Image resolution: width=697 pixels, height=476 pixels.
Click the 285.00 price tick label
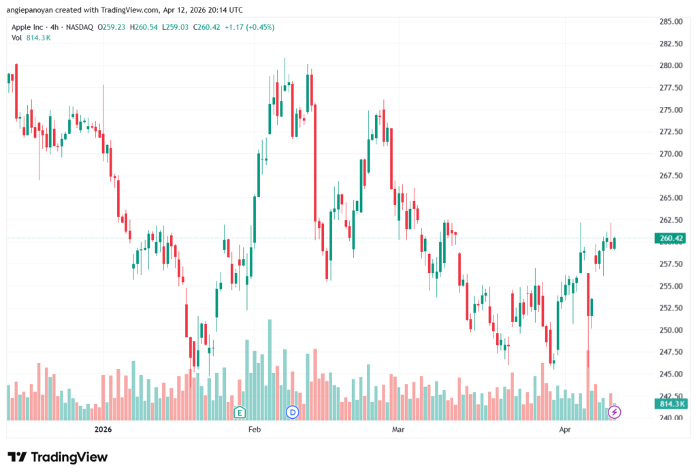click(x=671, y=21)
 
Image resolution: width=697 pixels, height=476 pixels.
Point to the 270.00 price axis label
click(x=671, y=154)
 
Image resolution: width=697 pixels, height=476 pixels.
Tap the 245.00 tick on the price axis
click(x=671, y=375)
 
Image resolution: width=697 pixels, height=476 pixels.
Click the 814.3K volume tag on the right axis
click(x=671, y=404)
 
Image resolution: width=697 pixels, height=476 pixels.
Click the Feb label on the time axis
click(x=254, y=430)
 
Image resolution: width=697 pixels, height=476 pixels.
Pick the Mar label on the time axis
click(x=399, y=430)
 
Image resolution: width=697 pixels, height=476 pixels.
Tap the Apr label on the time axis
click(x=564, y=430)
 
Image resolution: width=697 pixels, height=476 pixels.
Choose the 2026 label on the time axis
click(x=103, y=430)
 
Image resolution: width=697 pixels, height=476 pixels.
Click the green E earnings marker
click(x=239, y=411)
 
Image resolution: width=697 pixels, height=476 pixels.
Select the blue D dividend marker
click(x=293, y=411)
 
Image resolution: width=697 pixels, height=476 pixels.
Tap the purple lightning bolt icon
click(x=615, y=411)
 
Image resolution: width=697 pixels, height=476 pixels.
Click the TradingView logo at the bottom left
click(x=57, y=457)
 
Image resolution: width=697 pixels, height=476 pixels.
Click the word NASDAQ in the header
click(x=78, y=27)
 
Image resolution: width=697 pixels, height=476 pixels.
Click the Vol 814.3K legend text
click(x=31, y=37)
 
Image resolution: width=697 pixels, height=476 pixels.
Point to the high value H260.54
click(x=144, y=27)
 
